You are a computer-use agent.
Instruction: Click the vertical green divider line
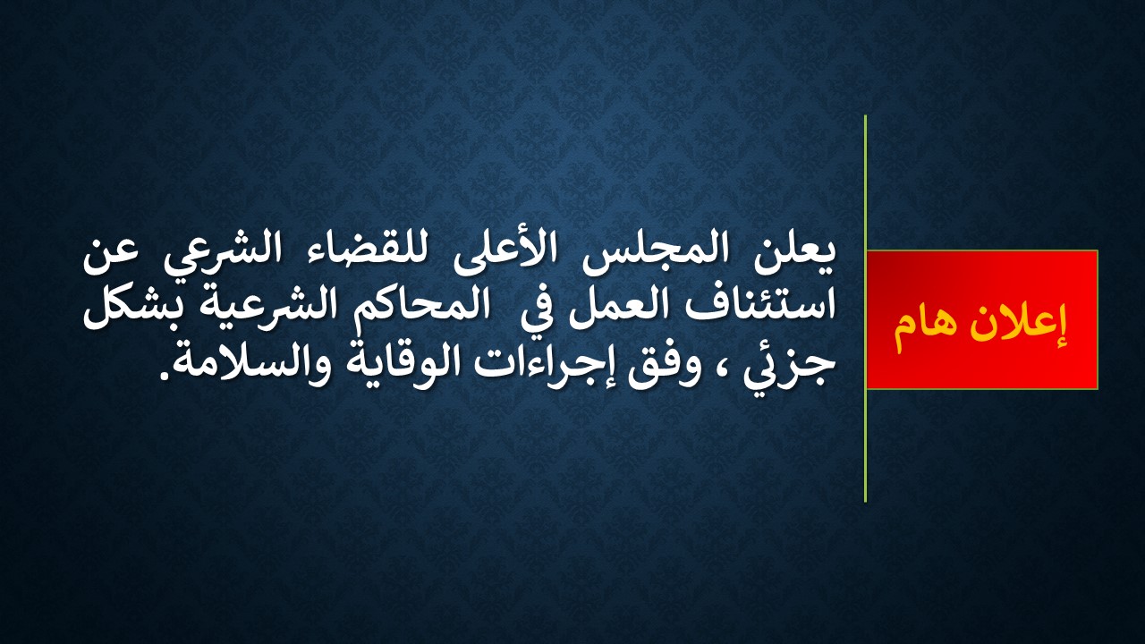(865, 309)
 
